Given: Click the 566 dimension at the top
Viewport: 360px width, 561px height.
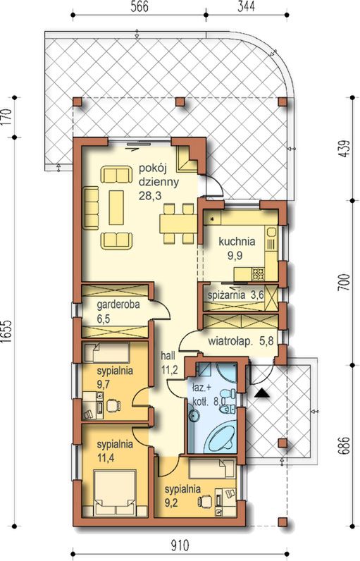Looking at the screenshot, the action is click(x=139, y=6).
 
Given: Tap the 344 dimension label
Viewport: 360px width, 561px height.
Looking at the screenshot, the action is click(x=246, y=6).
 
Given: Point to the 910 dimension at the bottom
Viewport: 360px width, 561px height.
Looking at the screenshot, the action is click(x=180, y=545).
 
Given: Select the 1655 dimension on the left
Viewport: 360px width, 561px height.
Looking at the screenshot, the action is click(x=7, y=331).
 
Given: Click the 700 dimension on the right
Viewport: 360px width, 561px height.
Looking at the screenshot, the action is click(x=343, y=283).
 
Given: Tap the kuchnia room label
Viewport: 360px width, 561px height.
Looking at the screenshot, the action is click(x=237, y=242).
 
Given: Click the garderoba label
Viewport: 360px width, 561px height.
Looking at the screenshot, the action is click(x=118, y=305).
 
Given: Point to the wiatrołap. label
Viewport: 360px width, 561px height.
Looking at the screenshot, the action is click(x=229, y=341).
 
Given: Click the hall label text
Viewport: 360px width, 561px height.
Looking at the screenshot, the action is click(x=168, y=356).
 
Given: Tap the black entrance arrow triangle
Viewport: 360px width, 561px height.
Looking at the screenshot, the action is click(x=262, y=393).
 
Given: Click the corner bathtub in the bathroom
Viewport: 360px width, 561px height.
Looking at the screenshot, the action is click(x=222, y=438).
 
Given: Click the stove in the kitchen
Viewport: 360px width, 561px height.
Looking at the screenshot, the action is click(x=258, y=274).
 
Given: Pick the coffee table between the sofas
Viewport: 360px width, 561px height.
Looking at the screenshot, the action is click(x=116, y=207).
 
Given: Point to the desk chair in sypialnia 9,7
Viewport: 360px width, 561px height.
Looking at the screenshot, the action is click(x=113, y=405).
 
